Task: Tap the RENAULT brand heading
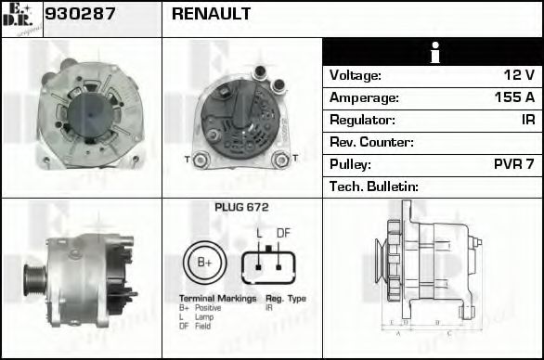(211, 15)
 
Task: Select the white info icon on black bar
(433, 52)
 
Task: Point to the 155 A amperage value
(513, 97)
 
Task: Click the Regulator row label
(363, 120)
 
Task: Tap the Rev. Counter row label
(371, 142)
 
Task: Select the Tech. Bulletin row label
(375, 186)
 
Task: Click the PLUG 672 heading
(241, 208)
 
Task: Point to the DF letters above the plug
(284, 233)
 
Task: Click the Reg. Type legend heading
(286, 298)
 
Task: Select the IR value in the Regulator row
(527, 120)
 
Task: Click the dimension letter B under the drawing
(436, 324)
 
